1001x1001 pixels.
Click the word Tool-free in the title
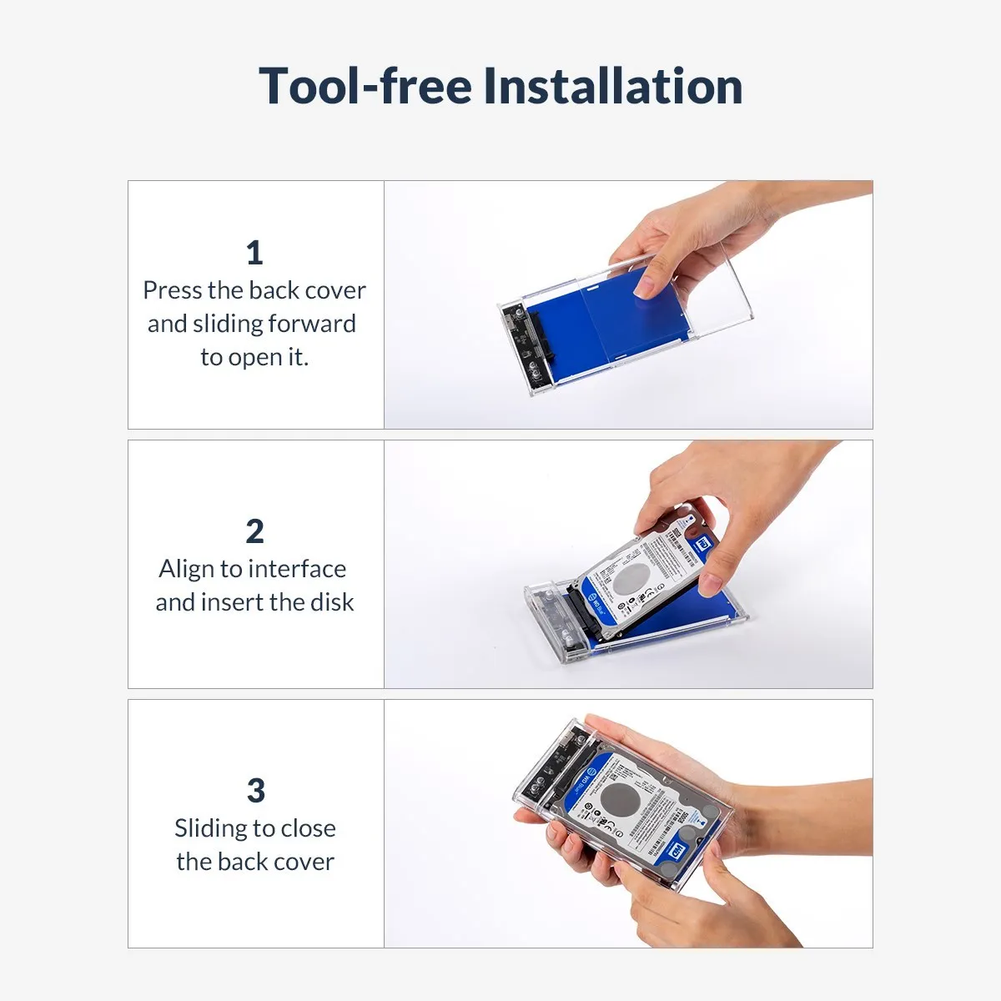[x=365, y=86]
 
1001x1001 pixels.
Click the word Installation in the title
[x=612, y=86]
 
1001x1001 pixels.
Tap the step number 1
[x=254, y=253]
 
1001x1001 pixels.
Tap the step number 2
[x=254, y=531]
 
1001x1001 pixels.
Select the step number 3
[x=255, y=791]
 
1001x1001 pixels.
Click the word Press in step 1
[x=173, y=290]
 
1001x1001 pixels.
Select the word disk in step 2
[x=332, y=602]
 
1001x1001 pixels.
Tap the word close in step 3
[x=309, y=828]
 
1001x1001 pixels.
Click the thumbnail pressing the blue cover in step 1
[x=646, y=284]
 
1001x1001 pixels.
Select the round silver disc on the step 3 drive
[x=620, y=799]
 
